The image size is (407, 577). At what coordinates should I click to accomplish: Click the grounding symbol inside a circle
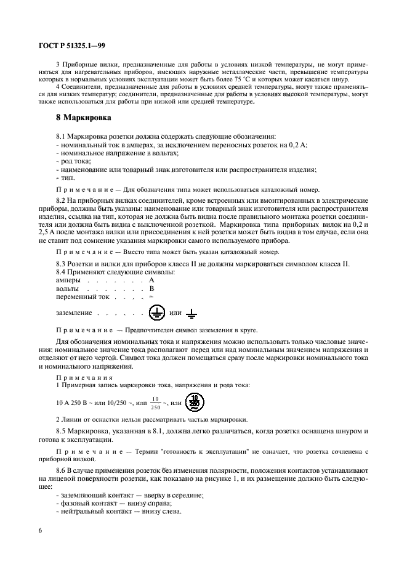pyautogui.click(x=157, y=313)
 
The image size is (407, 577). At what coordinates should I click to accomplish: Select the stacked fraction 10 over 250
pyautogui.click(x=155, y=403)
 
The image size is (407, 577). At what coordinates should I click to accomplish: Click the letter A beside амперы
pyautogui.click(x=151, y=280)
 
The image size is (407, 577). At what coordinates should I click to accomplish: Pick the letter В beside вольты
pyautogui.click(x=151, y=288)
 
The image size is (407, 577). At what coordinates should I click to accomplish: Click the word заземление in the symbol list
pyautogui.click(x=74, y=313)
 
